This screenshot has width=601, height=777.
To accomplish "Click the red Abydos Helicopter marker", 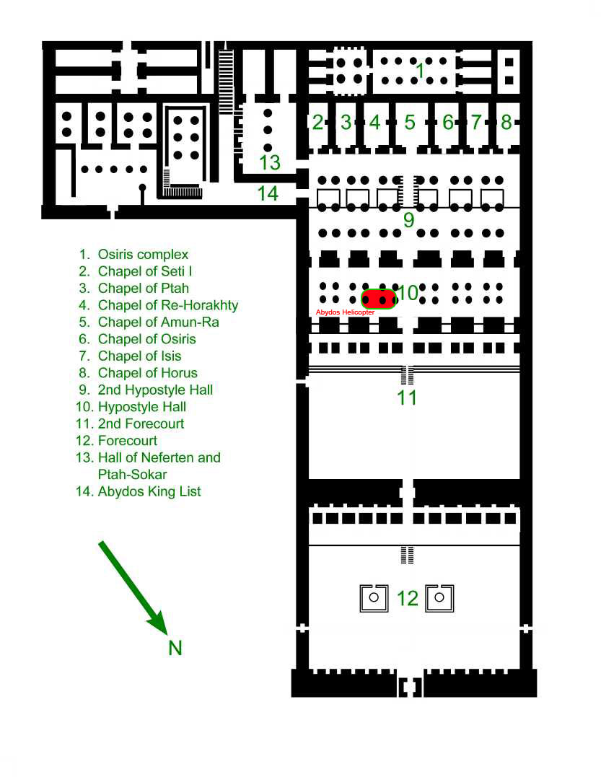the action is coord(379,299).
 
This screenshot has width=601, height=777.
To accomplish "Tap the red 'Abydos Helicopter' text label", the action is coord(346,312).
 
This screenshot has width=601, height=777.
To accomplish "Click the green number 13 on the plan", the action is coord(270,162).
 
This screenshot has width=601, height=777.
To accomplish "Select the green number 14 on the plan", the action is coord(268,193).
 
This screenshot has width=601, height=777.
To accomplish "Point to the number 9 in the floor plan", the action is coord(409,219).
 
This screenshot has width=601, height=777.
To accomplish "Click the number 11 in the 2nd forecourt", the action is coord(407,398).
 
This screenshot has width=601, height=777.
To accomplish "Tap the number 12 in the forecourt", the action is coord(408,599).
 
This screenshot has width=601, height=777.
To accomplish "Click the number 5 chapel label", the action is coord(409,122).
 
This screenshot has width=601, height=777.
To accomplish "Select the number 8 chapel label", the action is coord(506,122).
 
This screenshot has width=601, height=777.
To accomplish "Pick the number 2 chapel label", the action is coord(317,122).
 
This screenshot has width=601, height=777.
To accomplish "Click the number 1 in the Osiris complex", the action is coord(420,71).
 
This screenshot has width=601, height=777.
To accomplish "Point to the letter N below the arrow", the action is coord(175,648).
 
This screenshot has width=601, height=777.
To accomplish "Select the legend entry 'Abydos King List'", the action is coord(149,491).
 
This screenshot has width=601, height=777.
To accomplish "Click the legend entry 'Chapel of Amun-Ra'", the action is coord(158,322).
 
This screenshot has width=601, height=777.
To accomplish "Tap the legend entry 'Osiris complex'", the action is coord(143,255).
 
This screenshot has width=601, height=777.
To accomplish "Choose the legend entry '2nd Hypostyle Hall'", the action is coord(155,390).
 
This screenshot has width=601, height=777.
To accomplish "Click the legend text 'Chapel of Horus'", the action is coord(148,373).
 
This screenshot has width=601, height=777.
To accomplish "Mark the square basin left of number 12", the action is coord(374,598).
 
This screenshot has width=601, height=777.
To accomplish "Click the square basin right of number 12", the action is coord(439,598).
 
